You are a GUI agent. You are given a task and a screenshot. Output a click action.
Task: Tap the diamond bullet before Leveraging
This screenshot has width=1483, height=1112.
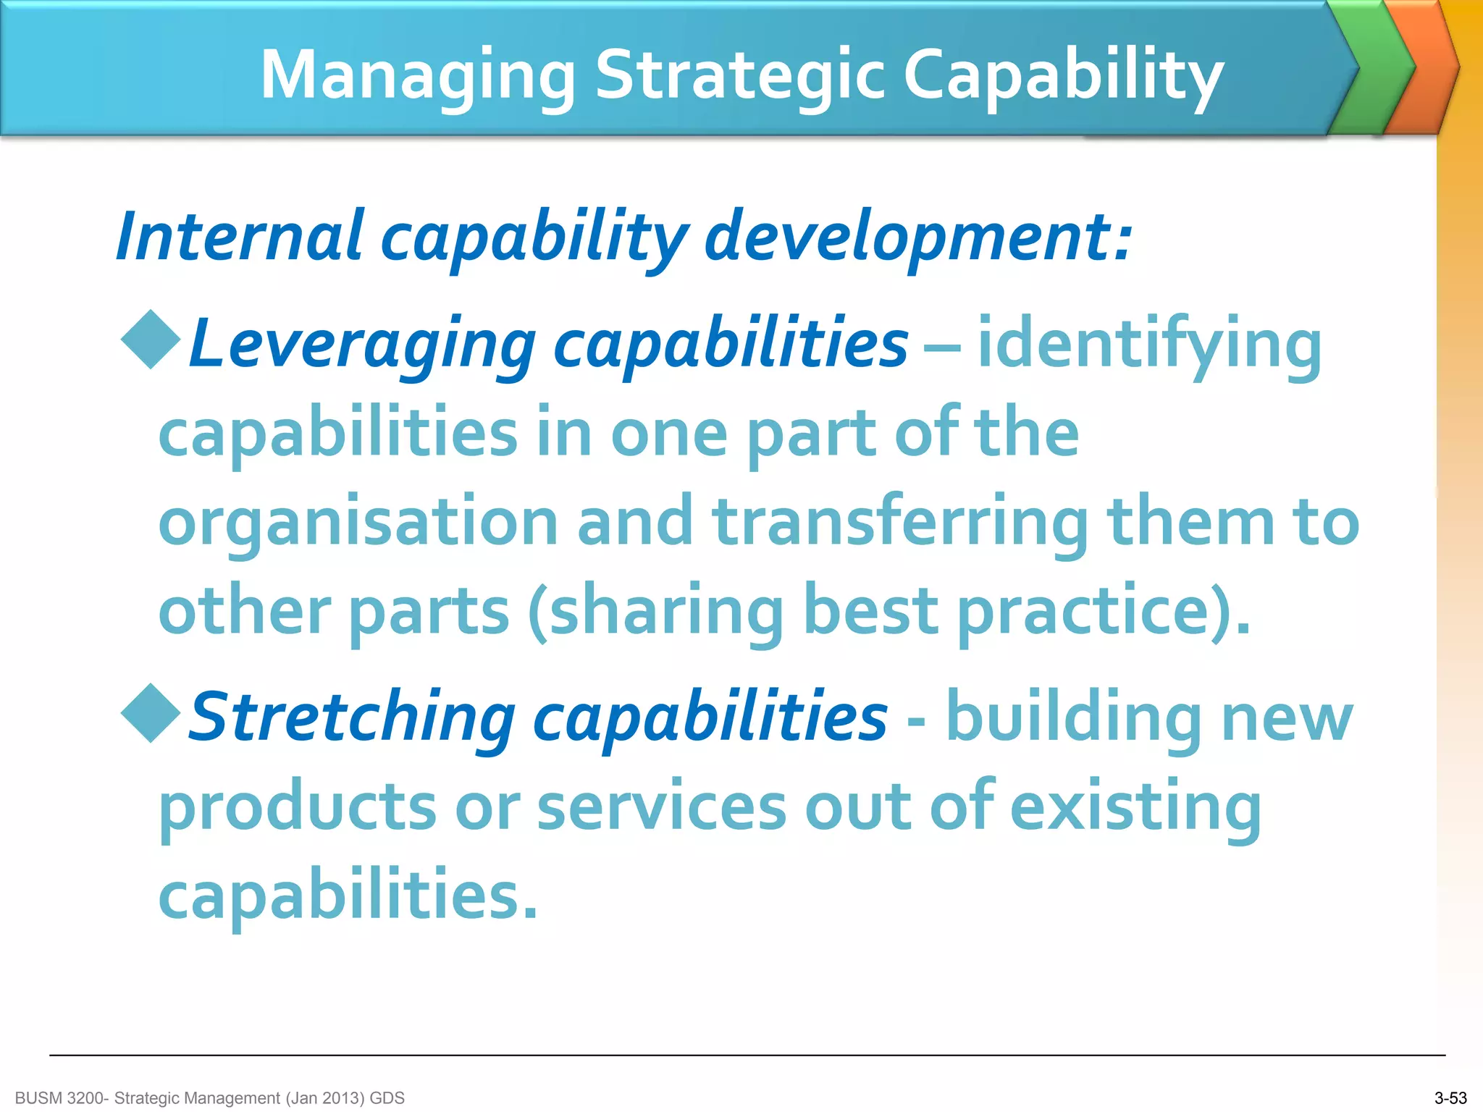(x=151, y=340)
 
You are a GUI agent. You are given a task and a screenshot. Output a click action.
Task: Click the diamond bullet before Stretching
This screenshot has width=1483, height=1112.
(x=151, y=713)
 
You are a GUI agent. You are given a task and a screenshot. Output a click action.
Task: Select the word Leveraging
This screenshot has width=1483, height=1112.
(x=362, y=345)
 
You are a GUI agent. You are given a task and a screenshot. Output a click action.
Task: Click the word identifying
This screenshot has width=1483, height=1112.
(x=1150, y=345)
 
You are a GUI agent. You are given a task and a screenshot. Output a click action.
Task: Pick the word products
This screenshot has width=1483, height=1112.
(x=298, y=807)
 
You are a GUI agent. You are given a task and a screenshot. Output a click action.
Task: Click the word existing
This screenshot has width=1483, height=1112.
(x=1135, y=807)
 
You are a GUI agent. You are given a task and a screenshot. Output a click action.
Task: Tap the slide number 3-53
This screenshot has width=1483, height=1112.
(x=1450, y=1098)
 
